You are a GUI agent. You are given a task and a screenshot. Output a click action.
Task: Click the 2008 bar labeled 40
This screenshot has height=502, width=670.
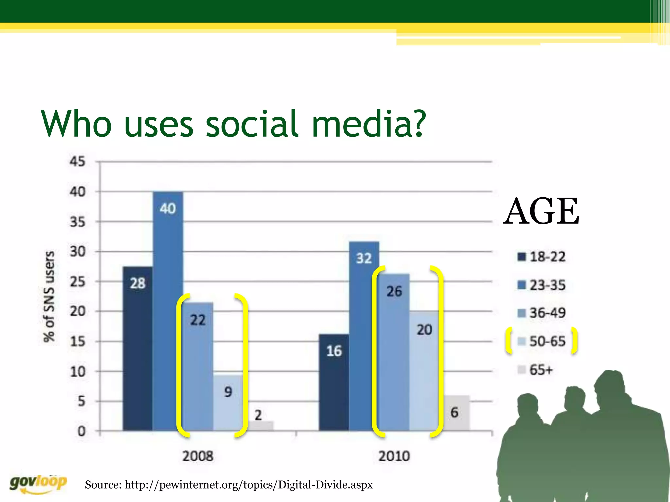pos(168,310)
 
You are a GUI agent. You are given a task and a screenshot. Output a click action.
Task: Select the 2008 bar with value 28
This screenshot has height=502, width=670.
pos(137,348)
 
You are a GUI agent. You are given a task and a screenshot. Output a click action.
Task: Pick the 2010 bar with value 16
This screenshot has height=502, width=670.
pos(334,382)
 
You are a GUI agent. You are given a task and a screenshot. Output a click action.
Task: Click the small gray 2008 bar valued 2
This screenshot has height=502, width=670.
pos(260,426)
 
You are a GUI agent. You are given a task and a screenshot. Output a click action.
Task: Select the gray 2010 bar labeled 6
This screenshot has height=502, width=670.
pos(457,413)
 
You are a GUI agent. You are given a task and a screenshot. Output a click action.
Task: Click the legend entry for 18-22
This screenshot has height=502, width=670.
pos(541,257)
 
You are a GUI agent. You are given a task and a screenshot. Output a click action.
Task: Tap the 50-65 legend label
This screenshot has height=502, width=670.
pos(547,341)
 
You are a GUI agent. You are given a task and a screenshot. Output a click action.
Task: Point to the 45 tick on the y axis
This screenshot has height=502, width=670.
pos(78,161)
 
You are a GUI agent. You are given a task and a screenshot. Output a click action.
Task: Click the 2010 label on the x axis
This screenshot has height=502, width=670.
pos(394,456)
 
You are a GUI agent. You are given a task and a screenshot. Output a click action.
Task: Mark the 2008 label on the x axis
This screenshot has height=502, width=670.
pos(198,456)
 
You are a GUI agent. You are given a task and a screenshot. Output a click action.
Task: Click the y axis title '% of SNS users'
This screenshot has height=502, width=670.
pos(49,296)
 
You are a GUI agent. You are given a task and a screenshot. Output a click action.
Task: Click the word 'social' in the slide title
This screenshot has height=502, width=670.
pos(252,124)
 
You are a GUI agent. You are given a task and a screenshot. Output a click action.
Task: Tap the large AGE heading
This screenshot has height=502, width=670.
pos(541,212)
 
